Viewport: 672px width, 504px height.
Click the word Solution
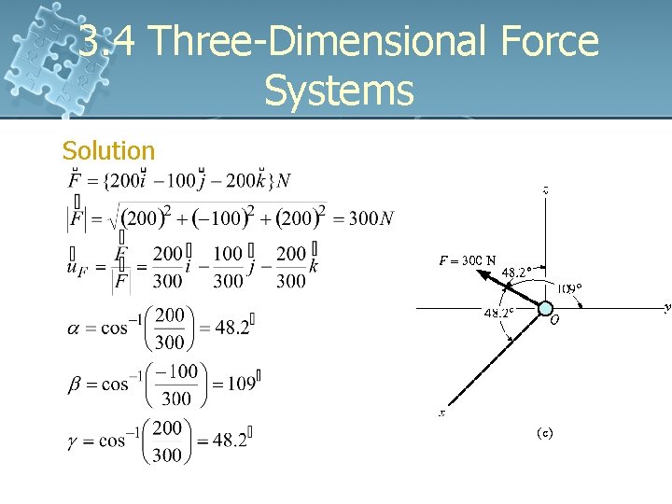point(108,150)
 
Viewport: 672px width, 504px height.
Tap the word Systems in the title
point(339,91)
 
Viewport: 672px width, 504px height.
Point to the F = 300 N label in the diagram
point(468,260)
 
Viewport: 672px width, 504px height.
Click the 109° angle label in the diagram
point(570,288)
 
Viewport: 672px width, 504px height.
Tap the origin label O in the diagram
point(554,319)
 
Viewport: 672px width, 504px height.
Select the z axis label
point(545,190)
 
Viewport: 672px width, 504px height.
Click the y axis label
point(666,306)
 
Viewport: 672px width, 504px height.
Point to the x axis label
point(442,413)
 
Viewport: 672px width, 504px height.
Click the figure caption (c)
point(545,433)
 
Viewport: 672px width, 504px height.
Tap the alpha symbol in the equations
point(74,329)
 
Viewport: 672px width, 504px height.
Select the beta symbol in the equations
point(74,385)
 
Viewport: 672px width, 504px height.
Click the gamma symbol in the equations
point(74,440)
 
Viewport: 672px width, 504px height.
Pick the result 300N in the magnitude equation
point(371,218)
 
